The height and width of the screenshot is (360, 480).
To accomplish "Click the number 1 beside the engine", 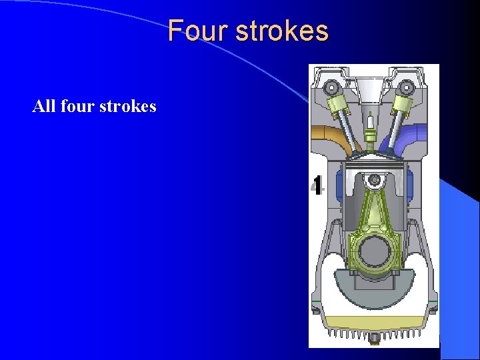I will pos(318,185).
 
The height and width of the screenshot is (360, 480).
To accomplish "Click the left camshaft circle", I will pos(331,87).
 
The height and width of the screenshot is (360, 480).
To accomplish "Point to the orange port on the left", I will pos(326,134).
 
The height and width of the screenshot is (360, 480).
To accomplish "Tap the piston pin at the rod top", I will pos(374,179).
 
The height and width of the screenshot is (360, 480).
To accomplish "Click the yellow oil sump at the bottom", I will pos(373,319).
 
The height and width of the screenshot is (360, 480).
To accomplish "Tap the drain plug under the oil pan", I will pos(374,340).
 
